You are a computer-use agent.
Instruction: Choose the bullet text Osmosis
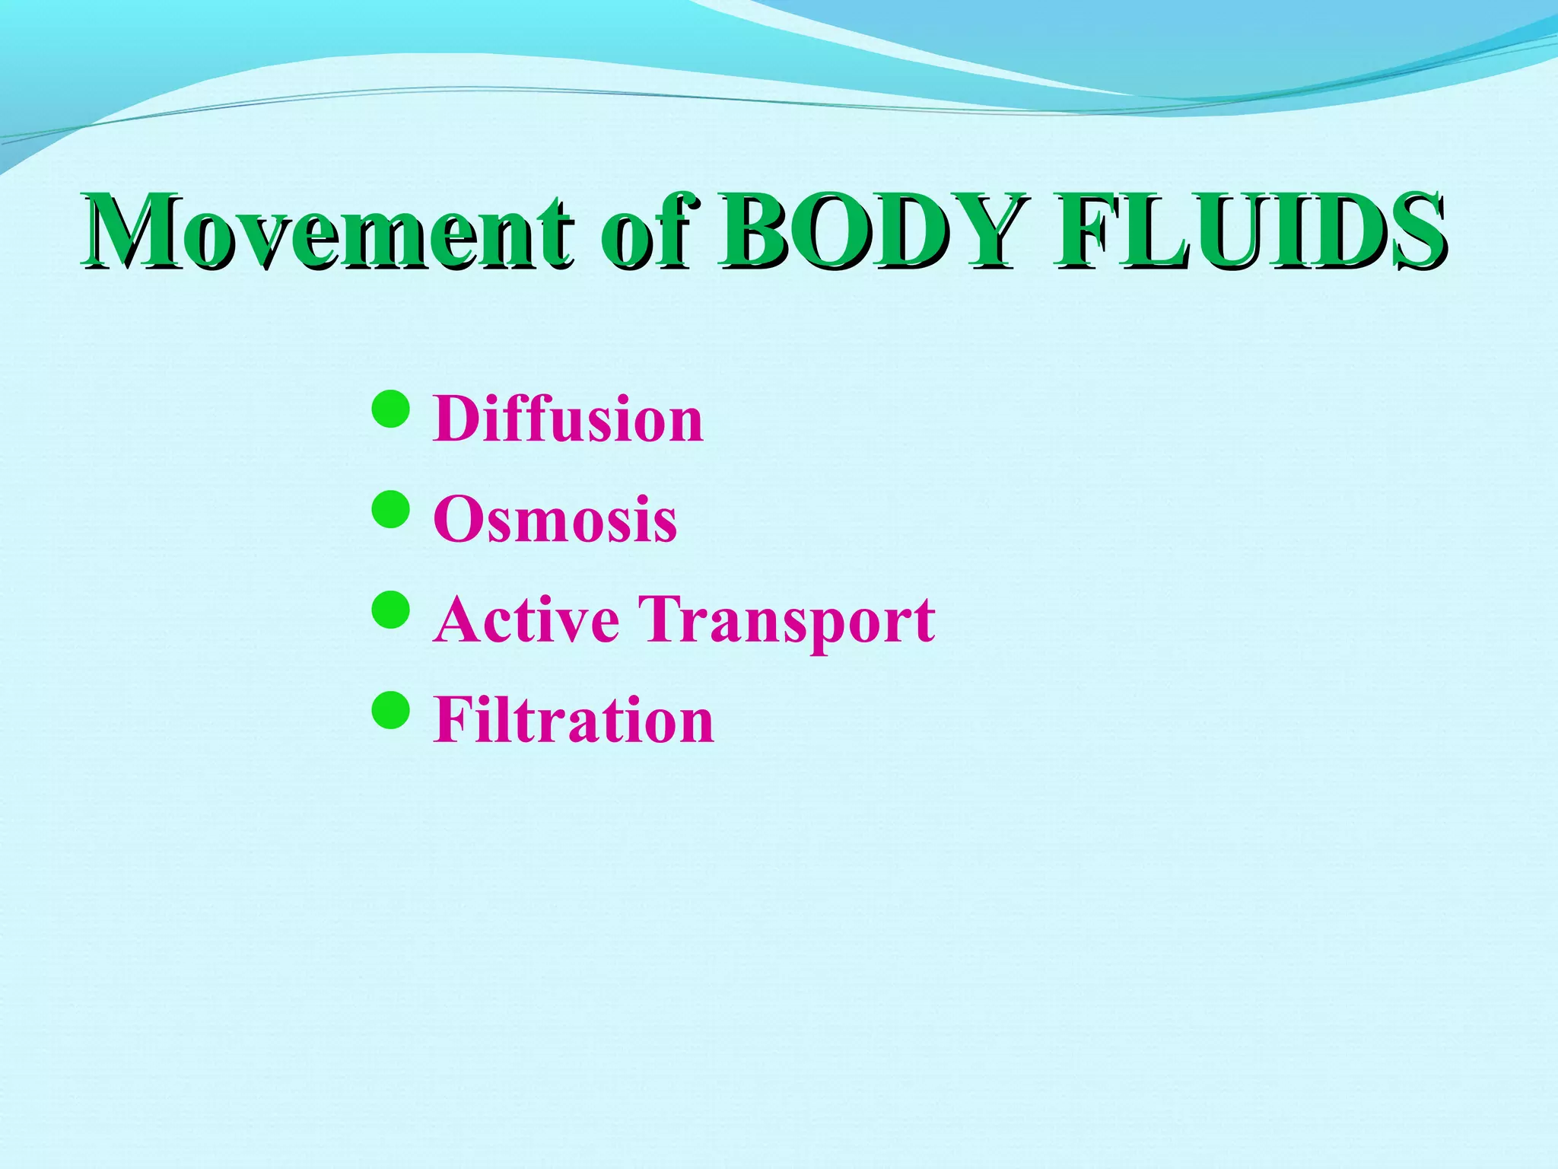[x=555, y=519]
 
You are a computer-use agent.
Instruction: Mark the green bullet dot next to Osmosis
[x=391, y=509]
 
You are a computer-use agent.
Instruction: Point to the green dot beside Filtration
[x=391, y=710]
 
